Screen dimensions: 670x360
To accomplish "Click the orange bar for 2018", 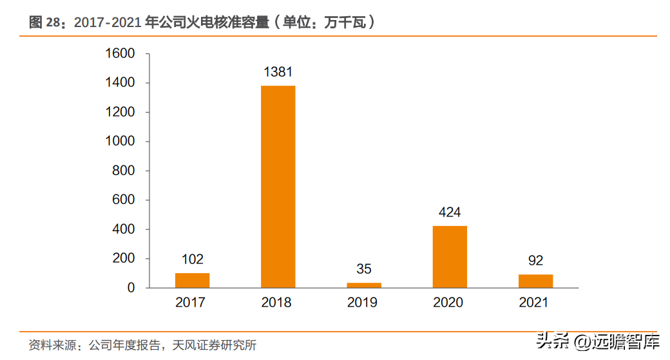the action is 278,187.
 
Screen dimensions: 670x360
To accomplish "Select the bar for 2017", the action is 192,280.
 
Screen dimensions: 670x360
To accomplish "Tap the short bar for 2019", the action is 364,285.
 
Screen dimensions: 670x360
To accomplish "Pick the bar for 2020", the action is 450,257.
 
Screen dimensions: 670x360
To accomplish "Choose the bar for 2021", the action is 535,281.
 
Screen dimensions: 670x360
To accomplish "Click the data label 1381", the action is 278,71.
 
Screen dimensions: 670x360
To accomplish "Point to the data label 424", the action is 450,213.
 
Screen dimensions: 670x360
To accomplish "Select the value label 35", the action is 364,269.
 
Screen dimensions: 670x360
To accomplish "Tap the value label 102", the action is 192,260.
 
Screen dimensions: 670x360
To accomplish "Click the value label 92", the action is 535,260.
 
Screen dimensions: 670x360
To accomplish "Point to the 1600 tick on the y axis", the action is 120,53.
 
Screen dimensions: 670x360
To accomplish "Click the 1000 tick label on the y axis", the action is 120,141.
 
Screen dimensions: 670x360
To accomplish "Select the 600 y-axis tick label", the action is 124,200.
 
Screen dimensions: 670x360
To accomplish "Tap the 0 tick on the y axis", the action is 131,288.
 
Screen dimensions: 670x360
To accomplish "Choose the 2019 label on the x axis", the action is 362,302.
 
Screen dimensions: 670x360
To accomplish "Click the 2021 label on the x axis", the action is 533,302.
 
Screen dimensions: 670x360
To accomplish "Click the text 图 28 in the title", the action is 45,22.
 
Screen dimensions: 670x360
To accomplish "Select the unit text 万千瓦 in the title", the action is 345,22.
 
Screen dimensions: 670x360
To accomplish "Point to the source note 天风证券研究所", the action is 214,345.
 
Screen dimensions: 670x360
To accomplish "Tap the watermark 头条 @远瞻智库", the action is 598,341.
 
